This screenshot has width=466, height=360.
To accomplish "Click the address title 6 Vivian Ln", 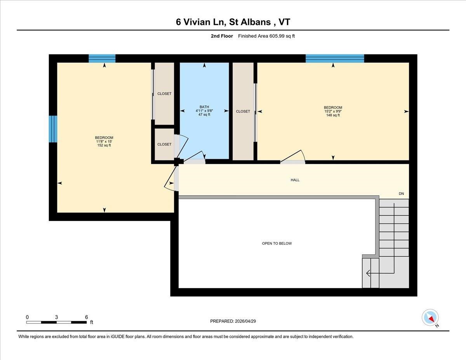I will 233,22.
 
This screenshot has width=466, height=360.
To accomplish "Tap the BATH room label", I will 204,107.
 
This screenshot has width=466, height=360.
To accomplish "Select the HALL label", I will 295,180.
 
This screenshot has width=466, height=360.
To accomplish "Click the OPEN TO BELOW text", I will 276,243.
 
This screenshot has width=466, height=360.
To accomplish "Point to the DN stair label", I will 401,193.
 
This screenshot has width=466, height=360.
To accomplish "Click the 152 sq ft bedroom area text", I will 104,146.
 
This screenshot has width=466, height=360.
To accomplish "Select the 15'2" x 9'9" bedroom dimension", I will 333,111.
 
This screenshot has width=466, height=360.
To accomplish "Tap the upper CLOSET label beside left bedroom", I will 164,94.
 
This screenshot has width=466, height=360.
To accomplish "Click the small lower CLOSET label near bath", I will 164,144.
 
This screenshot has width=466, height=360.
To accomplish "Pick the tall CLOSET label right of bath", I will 243,111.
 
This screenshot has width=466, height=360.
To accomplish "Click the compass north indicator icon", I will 430,317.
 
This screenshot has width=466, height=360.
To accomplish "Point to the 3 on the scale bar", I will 57,317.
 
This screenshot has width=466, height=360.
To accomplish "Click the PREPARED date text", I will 233,321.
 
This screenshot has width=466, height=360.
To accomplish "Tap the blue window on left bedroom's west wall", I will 53,129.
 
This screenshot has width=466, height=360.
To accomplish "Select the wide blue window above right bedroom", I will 335,59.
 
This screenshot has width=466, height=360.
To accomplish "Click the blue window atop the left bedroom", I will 102,59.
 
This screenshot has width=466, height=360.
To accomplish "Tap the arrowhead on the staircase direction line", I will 368,273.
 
